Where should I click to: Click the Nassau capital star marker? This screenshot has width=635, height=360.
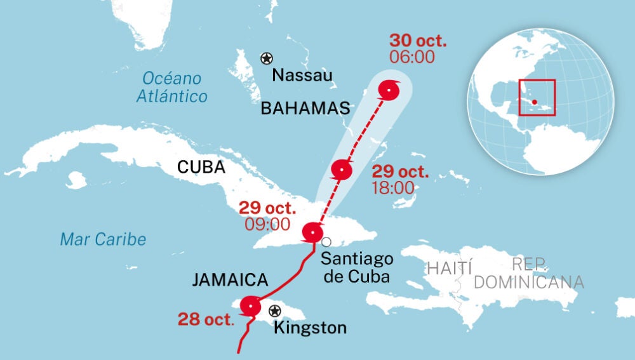266,58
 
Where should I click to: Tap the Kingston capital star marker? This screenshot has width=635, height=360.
275,310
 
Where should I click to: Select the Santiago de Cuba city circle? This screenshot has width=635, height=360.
326,241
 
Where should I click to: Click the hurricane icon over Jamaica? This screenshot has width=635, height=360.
251,307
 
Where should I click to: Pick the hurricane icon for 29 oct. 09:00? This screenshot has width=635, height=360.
312,232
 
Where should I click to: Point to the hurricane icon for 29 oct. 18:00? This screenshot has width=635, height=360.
342,170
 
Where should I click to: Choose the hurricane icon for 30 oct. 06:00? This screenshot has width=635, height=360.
389,91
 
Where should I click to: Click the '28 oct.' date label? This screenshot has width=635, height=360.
206,318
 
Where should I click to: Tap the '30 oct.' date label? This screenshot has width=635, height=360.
418,41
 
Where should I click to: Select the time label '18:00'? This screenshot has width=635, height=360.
392,187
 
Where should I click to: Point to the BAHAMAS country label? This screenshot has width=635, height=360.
305,109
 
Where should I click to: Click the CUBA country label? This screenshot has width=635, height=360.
201,167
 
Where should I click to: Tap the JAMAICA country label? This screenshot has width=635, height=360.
230,279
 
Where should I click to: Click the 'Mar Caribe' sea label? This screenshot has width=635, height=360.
103,239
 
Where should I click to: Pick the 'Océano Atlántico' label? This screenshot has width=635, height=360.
172,88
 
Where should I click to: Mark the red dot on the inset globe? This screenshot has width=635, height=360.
535,102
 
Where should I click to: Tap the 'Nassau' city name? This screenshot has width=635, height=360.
302,76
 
